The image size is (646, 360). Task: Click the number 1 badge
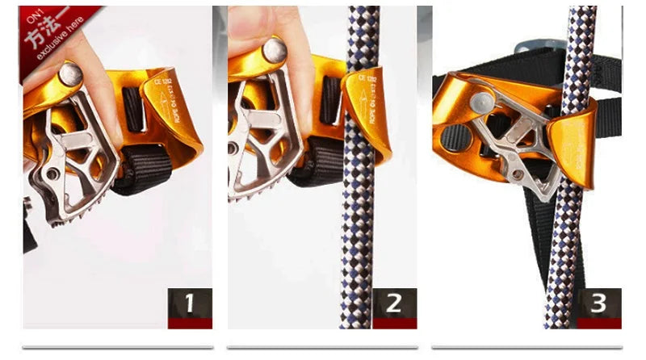pos(190,304)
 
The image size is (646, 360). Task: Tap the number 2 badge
pos(393,304)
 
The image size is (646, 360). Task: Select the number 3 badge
pos(598,304)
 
